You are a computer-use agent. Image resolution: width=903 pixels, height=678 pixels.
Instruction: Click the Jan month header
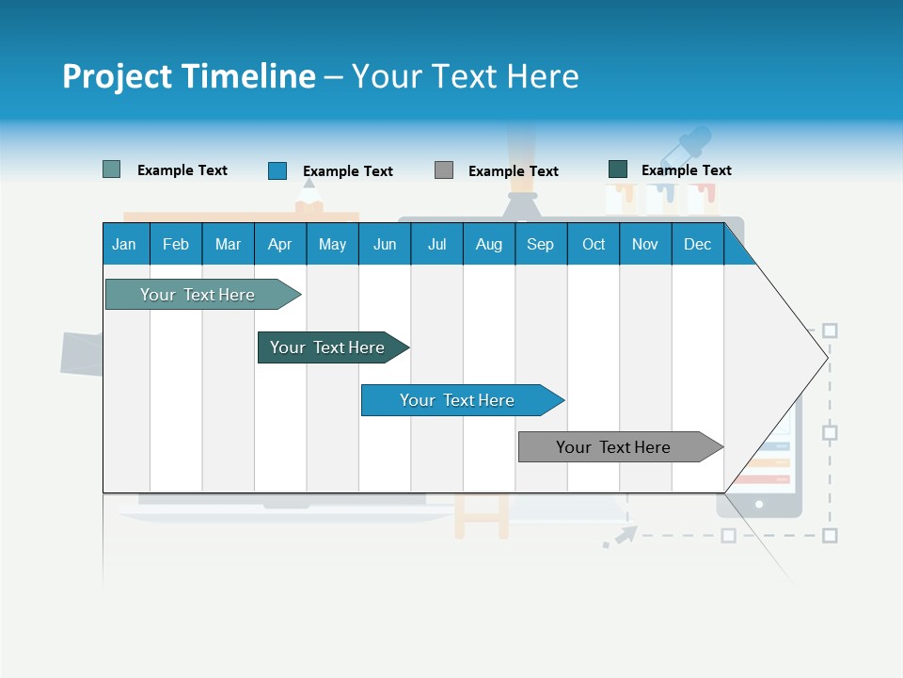click(x=125, y=244)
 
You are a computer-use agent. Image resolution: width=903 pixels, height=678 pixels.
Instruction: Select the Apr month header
click(x=279, y=244)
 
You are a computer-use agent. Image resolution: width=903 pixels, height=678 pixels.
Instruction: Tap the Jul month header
click(x=436, y=244)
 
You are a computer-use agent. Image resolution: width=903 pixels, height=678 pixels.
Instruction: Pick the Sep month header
click(x=540, y=244)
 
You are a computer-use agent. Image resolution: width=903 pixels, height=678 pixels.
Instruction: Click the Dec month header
click(x=697, y=244)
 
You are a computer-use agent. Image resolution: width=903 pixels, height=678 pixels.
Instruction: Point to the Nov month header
click(x=644, y=244)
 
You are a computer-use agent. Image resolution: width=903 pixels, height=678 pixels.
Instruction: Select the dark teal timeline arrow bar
click(x=329, y=347)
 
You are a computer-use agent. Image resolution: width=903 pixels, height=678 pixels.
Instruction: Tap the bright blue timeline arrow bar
click(x=458, y=400)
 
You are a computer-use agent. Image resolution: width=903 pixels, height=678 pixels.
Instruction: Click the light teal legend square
click(x=111, y=169)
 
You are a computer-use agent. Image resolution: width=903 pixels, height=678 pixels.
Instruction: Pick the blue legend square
click(x=277, y=170)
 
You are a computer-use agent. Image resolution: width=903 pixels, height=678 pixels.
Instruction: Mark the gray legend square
click(x=444, y=170)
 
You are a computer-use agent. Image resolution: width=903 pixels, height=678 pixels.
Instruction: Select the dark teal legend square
click(x=618, y=169)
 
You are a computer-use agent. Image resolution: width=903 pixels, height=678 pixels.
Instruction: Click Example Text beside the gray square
click(x=513, y=171)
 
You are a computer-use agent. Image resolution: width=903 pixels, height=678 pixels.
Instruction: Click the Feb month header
click(x=176, y=244)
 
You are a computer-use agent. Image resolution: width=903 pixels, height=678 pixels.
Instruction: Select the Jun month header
click(x=385, y=244)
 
